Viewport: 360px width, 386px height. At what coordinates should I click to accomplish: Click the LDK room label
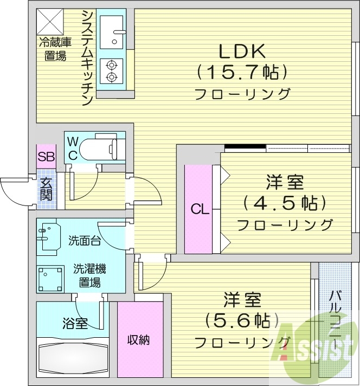242,52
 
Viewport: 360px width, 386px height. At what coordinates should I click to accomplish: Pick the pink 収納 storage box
139,340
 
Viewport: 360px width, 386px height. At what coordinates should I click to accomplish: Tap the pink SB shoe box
45,157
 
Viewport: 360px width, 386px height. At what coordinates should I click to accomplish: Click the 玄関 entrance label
46,190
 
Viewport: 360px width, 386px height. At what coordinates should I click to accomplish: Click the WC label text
72,147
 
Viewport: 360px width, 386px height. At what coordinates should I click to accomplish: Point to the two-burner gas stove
112,71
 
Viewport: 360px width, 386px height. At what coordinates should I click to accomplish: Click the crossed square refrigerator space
51,22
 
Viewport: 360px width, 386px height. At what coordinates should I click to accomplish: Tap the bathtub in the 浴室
72,356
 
